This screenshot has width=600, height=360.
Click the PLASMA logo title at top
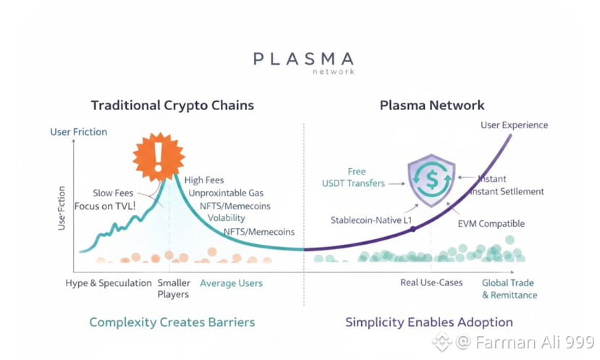pyautogui.click(x=304, y=59)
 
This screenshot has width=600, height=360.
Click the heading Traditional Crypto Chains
pyautogui.click(x=172, y=105)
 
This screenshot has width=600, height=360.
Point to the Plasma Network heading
pyautogui.click(x=432, y=105)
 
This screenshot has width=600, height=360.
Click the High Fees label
pyautogui.click(x=204, y=180)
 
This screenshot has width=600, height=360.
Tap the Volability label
pyautogui.click(x=227, y=218)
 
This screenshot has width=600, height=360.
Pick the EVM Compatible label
pyautogui.click(x=491, y=224)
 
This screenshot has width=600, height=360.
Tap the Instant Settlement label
pyautogui.click(x=507, y=191)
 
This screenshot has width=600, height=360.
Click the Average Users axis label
pyautogui.click(x=231, y=282)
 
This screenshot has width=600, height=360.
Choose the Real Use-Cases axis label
pyautogui.click(x=431, y=282)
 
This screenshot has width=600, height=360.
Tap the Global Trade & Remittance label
pyautogui.click(x=510, y=289)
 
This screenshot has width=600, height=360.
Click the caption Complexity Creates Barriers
pyautogui.click(x=172, y=322)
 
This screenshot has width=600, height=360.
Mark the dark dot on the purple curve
pyautogui.click(x=413, y=229)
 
